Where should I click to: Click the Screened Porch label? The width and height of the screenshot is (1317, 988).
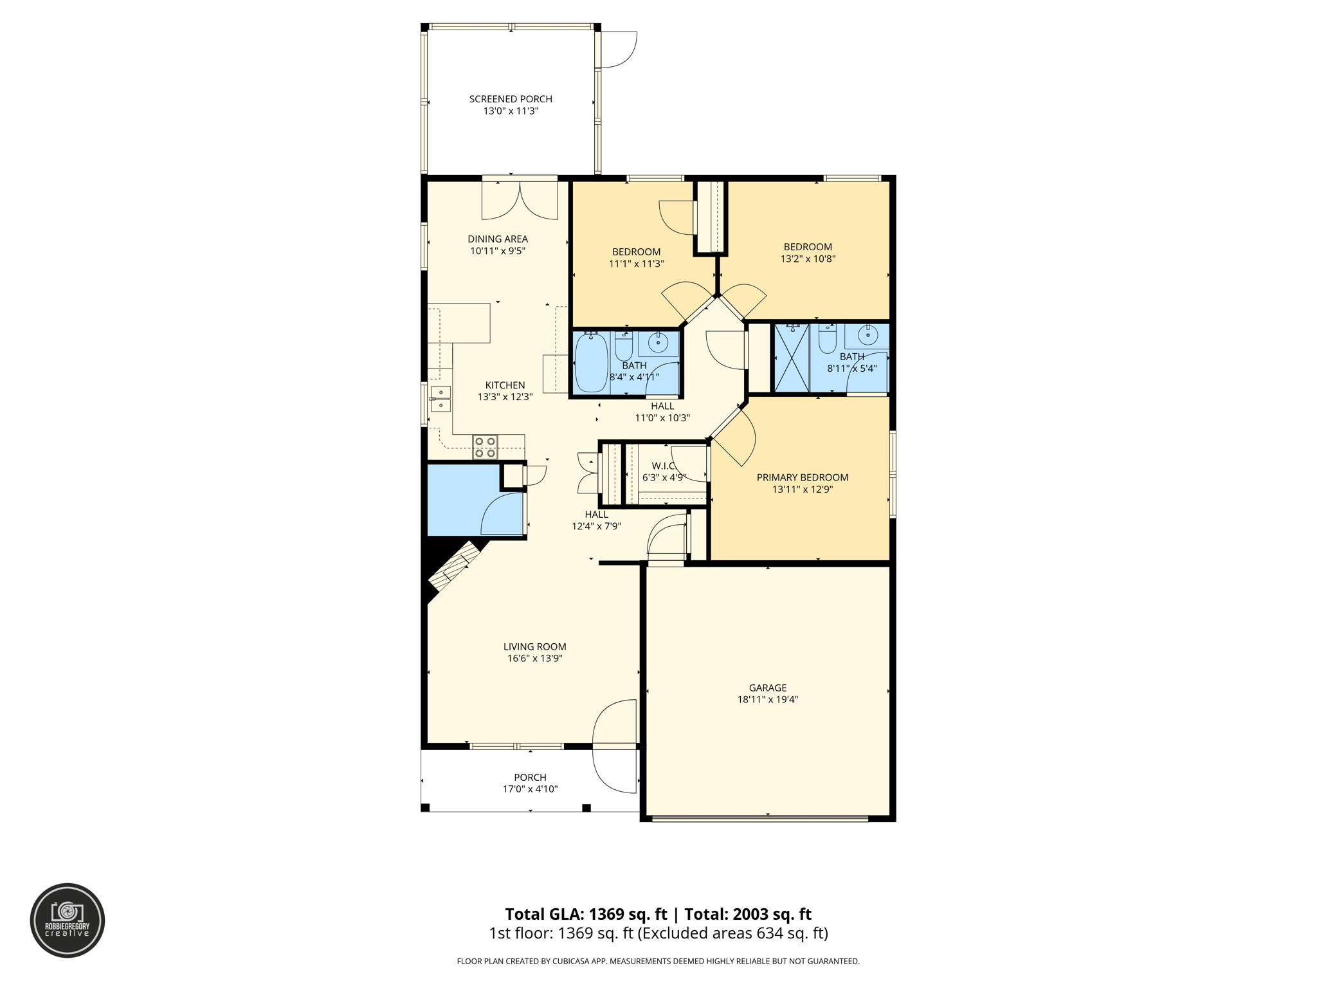511,99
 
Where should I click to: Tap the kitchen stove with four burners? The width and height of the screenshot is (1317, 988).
485,447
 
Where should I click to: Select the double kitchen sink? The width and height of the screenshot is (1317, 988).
441,398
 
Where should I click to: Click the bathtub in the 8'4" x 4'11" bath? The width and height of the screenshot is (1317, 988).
591,362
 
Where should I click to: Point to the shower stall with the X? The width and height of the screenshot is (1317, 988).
792,358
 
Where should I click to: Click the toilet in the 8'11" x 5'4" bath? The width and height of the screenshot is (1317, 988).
827,339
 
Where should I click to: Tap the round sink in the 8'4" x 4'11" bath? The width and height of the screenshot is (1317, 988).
658,342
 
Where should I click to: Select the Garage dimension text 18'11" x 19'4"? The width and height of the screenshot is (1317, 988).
767,699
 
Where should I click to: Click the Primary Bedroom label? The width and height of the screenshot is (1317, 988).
802,477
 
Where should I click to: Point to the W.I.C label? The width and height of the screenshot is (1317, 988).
664,466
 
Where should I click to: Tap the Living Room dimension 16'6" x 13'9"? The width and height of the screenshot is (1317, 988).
534,658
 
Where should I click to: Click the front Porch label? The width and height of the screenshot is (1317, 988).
530,777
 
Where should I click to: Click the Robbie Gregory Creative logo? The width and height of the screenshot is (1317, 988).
68,920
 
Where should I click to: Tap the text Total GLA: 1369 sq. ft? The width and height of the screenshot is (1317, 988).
586,914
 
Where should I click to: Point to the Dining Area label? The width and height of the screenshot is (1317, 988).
498,239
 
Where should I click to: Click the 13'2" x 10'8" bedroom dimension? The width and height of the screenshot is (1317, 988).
808,259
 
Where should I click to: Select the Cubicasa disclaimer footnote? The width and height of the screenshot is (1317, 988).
658,961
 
